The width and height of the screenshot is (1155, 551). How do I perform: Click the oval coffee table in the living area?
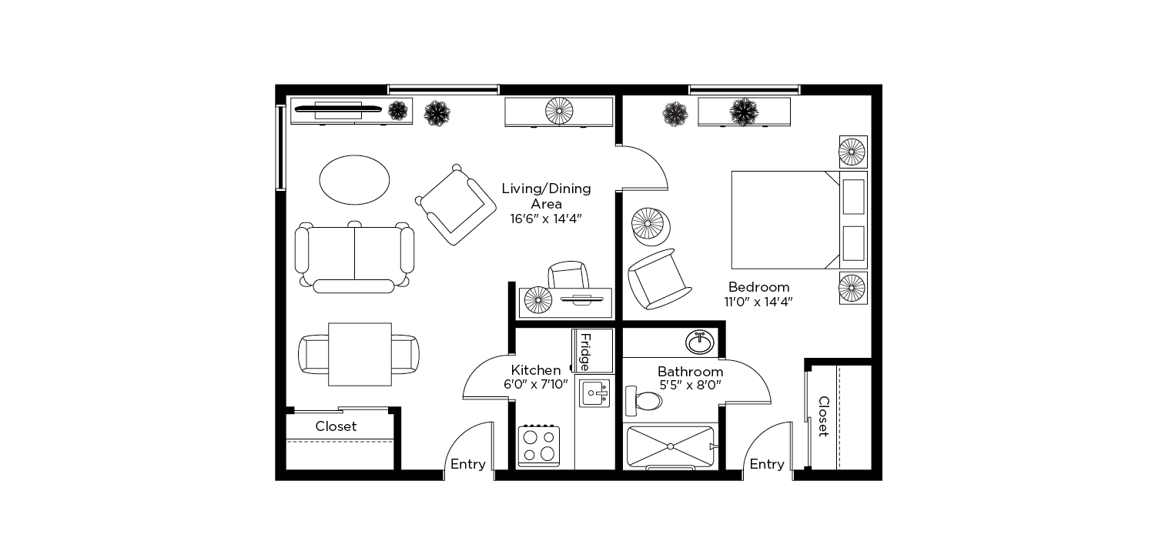[354, 180]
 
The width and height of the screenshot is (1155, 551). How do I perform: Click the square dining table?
[360, 354]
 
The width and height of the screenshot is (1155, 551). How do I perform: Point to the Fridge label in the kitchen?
[585, 352]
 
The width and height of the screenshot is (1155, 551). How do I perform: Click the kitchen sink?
[594, 393]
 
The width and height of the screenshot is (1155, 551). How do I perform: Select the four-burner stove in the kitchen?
[539, 446]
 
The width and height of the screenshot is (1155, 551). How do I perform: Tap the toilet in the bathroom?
[644, 401]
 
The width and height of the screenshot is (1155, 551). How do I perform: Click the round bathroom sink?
[700, 342]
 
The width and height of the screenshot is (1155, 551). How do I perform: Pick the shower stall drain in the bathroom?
[671, 446]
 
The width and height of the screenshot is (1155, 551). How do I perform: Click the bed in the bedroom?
[799, 220]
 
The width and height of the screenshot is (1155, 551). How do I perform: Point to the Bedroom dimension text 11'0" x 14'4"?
[758, 302]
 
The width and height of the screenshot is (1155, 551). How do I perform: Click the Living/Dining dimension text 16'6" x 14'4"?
[546, 219]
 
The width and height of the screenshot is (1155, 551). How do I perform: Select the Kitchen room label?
[536, 370]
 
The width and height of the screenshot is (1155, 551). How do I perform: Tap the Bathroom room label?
[691, 372]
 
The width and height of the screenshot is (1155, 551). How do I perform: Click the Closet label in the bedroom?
[823, 416]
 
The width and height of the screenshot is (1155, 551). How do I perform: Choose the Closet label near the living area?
[336, 426]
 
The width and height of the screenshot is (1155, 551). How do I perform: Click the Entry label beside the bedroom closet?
[767, 464]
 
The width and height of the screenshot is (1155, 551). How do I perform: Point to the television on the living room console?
[338, 109]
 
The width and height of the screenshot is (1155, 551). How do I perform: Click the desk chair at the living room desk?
[568, 275]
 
